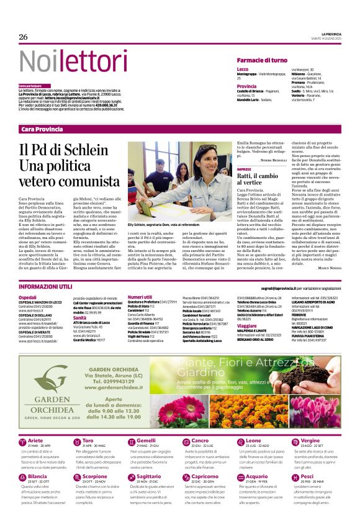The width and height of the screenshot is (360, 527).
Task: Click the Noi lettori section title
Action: pyautogui.click(x=64, y=61)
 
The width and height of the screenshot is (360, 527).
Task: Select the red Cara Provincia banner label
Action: pyautogui.click(x=42, y=129)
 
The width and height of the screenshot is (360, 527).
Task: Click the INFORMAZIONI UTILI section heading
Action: pyautogui.click(x=45, y=287)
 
